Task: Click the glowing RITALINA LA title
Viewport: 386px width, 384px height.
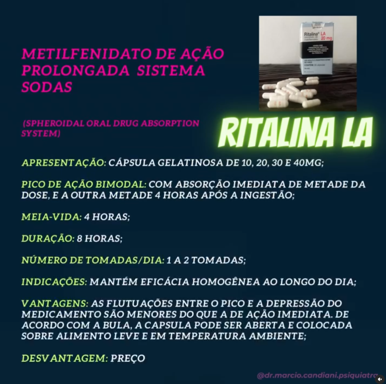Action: (295, 132)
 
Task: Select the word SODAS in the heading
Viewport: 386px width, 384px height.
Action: (47, 87)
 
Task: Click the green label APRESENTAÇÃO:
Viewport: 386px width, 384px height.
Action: (64, 163)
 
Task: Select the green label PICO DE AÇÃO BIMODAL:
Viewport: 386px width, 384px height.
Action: (84, 185)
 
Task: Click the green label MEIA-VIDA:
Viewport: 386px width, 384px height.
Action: (51, 217)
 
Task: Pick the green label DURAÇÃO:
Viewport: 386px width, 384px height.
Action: (48, 238)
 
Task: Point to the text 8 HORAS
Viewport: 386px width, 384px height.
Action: (100, 238)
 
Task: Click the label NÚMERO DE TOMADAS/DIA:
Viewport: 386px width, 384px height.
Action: (92, 260)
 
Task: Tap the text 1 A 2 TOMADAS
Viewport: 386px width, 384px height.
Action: (206, 260)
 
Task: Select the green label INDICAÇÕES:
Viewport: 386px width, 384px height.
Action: (54, 282)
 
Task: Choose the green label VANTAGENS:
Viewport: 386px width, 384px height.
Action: (55, 304)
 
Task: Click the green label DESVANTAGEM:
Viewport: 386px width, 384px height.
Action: (64, 358)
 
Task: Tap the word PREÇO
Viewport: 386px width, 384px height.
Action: (128, 358)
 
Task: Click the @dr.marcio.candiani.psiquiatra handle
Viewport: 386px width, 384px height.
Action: (317, 375)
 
